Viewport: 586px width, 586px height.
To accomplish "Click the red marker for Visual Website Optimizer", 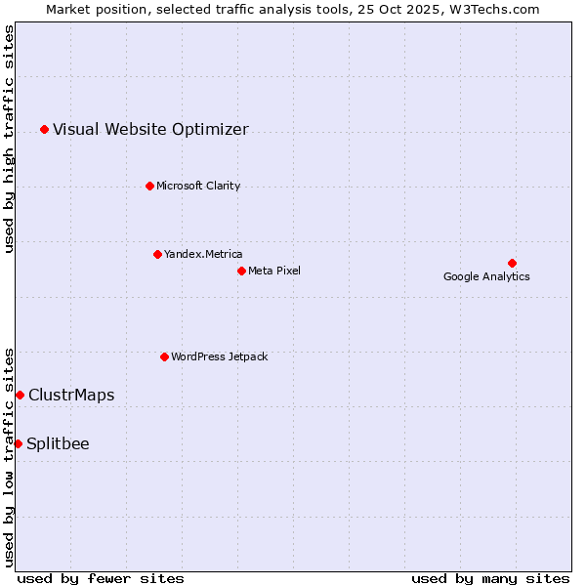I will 44,129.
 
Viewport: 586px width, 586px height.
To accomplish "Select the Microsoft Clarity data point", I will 149,186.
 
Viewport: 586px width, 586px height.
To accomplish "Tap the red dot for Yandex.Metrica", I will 157,254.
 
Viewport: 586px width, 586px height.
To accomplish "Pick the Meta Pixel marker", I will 241,271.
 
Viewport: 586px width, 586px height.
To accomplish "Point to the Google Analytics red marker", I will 512,263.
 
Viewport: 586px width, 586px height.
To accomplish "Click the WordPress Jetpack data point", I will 164,356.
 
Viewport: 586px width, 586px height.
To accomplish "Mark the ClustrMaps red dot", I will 20,395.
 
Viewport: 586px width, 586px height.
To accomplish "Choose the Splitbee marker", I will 18,443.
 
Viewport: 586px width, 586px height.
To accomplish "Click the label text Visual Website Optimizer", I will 150,129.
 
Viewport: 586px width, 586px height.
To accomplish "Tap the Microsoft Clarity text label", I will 198,186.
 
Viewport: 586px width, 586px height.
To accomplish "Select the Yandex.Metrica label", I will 203,254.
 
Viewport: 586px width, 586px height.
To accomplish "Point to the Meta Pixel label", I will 274,271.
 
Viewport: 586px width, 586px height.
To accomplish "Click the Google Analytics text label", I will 486,276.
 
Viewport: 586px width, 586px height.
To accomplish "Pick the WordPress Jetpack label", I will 219,356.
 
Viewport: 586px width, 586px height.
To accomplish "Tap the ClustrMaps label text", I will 71,395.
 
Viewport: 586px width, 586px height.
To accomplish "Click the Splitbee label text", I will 58,443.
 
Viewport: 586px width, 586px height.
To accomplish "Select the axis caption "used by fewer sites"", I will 101,578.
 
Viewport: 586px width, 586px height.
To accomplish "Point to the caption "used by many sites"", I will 490,578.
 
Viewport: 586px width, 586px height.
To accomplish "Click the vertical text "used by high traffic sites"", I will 9,140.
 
